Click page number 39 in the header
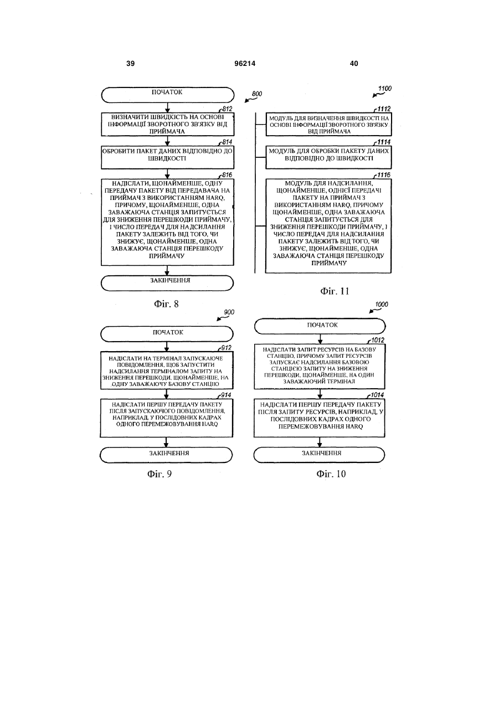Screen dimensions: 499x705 click(x=130, y=64)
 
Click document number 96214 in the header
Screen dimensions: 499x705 click(x=245, y=64)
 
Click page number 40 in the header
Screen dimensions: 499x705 click(x=354, y=64)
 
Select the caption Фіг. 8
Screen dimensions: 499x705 click(x=166, y=303)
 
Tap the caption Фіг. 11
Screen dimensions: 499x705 click(x=335, y=291)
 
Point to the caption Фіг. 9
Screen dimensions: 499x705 click(x=160, y=474)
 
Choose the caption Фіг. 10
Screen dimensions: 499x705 click(x=331, y=474)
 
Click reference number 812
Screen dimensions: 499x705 click(x=227, y=109)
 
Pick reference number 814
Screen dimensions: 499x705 click(x=227, y=142)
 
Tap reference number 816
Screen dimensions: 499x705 click(x=227, y=175)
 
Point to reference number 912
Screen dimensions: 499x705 click(x=226, y=348)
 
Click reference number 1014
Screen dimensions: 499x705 click(x=377, y=395)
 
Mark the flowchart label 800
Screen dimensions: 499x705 click(x=257, y=94)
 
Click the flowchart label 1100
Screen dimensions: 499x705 click(x=385, y=89)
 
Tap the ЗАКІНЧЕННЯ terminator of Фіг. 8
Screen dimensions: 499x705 click(x=167, y=283)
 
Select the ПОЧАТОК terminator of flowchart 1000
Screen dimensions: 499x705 click(x=320, y=326)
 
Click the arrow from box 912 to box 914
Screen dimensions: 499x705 click(x=167, y=394)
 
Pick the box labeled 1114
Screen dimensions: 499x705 click(x=328, y=157)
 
